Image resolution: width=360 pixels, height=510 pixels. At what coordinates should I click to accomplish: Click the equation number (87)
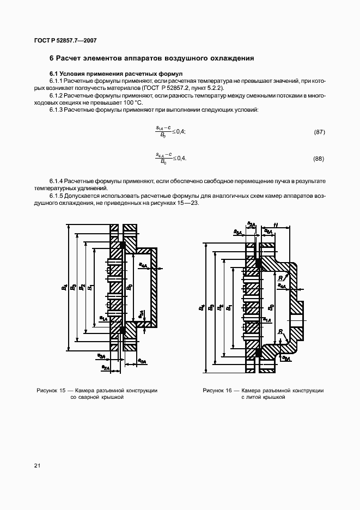[x=320, y=132]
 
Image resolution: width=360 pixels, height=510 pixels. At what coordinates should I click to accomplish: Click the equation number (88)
[x=320, y=159]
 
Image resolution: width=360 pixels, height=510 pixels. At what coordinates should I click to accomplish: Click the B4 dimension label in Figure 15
[x=65, y=287]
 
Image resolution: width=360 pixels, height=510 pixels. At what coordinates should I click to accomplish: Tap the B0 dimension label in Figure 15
[x=129, y=287]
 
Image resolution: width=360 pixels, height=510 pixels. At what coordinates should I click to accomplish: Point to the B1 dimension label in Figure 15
[x=90, y=287]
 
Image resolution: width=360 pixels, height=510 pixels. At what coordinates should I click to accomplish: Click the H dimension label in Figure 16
[x=276, y=224]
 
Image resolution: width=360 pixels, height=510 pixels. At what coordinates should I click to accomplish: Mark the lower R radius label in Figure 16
[x=279, y=332]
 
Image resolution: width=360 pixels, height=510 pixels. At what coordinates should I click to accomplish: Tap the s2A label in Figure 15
[x=106, y=368]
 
